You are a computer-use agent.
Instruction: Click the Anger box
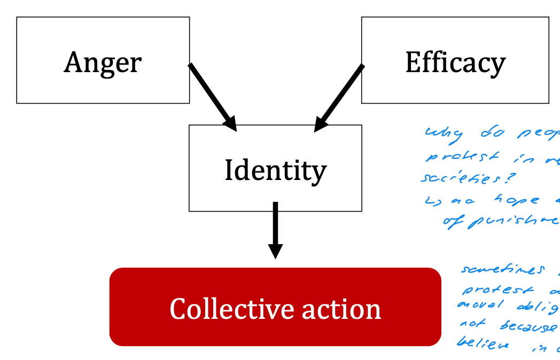[103, 60]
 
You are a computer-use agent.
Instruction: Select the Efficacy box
[455, 60]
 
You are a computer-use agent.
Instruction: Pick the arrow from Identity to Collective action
[275, 230]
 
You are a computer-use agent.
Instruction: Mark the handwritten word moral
[477, 306]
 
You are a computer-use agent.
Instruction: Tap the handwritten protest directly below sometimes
[492, 290]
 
